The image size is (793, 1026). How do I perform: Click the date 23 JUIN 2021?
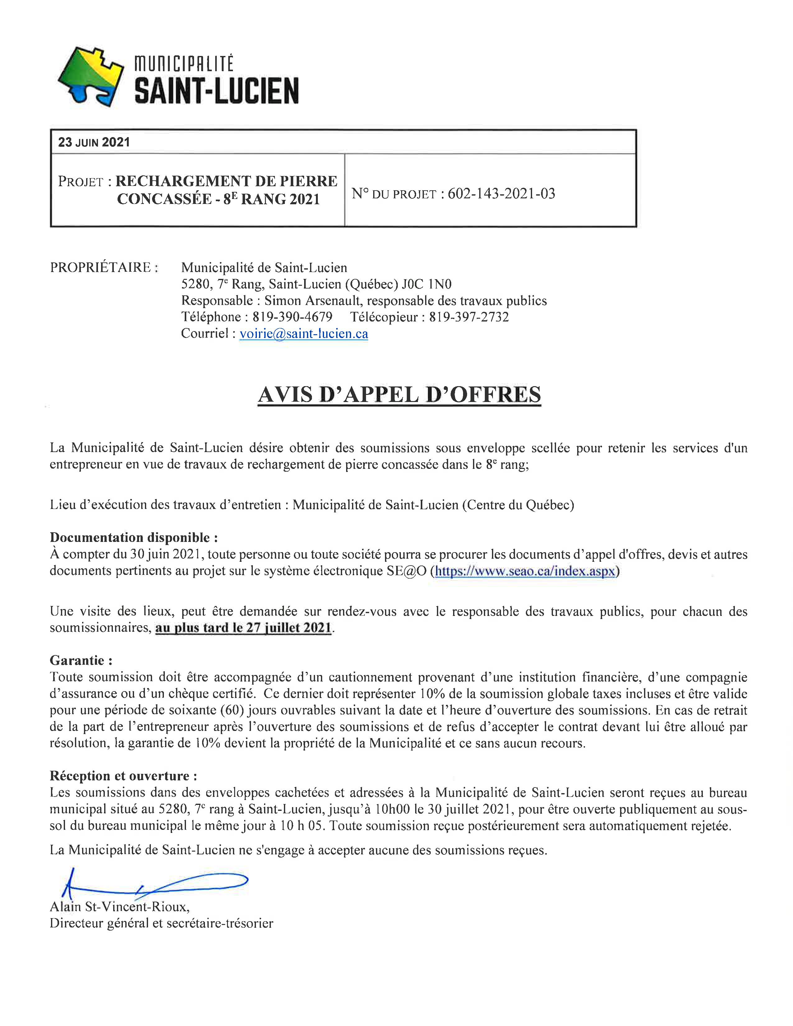tap(94, 142)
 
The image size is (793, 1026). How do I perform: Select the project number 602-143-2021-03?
tap(501, 194)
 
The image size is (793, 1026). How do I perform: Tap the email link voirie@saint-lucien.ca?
tap(304, 334)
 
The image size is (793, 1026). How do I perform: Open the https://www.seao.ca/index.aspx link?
tap(525, 571)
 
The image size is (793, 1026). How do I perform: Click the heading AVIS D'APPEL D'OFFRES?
tap(399, 394)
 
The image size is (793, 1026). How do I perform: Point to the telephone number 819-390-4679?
tap(292, 317)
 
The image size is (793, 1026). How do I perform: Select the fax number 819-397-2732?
tap(469, 317)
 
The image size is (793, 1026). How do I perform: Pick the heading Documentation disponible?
tap(134, 538)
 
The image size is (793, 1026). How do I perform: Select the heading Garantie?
tap(81, 660)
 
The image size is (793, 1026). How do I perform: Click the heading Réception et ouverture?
tap(123, 776)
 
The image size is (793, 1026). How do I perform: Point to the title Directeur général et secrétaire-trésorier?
tap(161, 923)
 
